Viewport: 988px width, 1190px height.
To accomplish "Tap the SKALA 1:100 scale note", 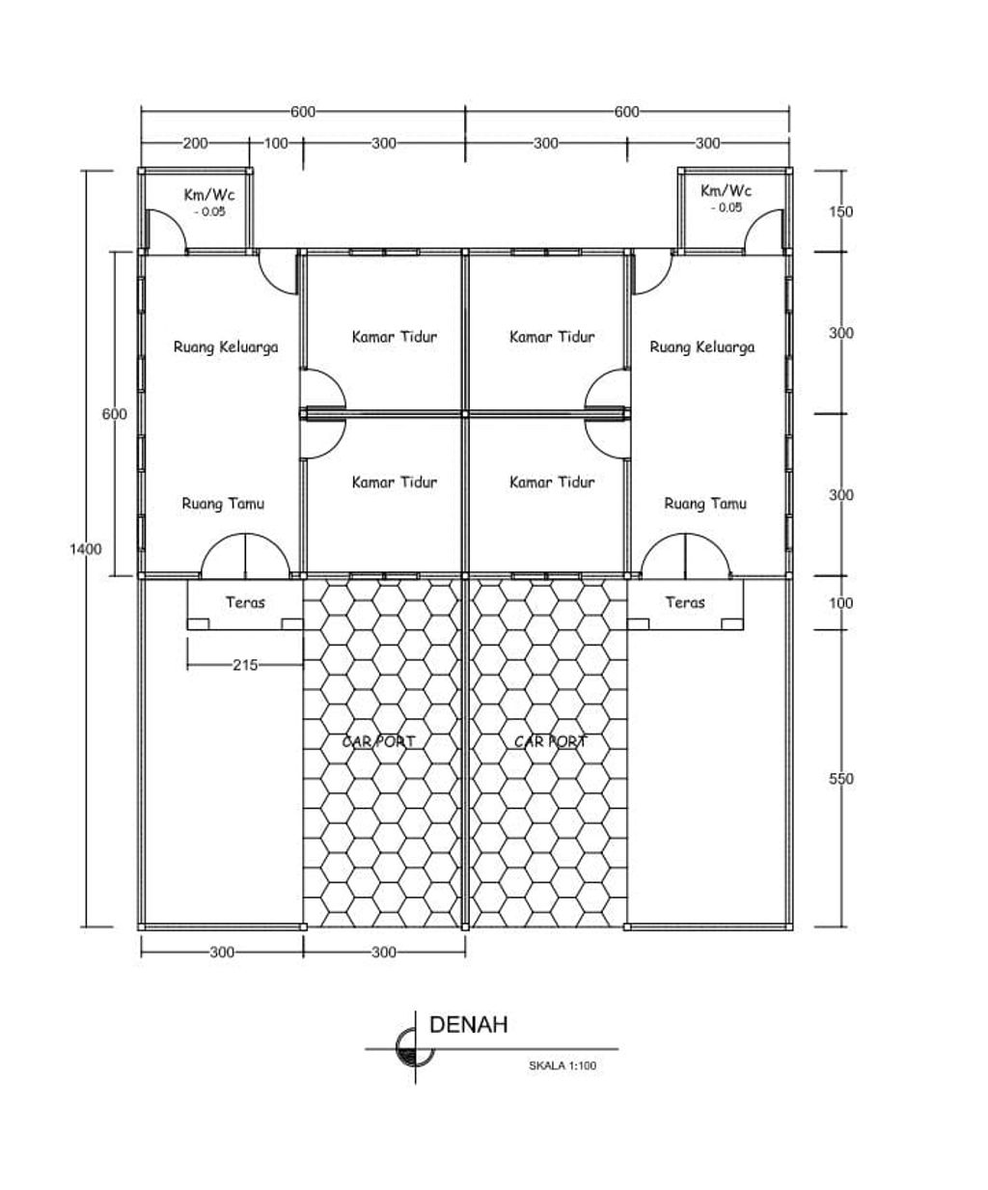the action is tap(562, 1065).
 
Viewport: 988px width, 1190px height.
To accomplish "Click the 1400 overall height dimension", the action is tap(86, 549).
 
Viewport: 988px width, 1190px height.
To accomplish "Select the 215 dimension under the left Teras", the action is tap(245, 665).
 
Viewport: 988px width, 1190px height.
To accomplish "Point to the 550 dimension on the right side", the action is tap(841, 779).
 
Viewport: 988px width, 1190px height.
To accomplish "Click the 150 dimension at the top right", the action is tap(841, 212).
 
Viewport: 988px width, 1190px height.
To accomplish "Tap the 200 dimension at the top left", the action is tap(195, 143).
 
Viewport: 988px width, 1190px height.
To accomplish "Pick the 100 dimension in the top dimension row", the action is tap(276, 143).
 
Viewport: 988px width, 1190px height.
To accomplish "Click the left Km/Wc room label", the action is tap(209, 195).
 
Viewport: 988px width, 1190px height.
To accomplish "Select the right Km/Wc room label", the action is tap(726, 190).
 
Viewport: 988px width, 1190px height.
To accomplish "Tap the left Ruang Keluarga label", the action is tap(226, 347).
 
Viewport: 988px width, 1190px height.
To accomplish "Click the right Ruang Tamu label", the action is tap(705, 504).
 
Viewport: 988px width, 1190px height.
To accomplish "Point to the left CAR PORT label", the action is tap(378, 741).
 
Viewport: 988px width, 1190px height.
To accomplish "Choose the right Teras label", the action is tap(685, 602).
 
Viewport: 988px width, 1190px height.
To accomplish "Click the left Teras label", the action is tap(245, 602).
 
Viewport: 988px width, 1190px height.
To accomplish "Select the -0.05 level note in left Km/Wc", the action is tap(209, 212).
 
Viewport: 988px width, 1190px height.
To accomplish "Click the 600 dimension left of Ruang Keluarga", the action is tap(114, 414).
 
